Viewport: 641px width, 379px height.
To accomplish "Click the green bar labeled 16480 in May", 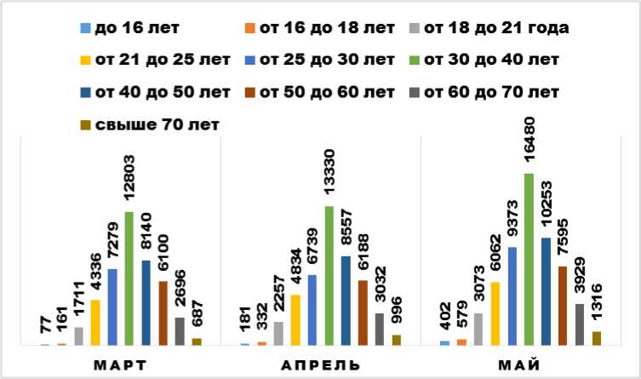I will (x=529, y=260).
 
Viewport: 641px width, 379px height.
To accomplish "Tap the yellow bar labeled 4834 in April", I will (x=295, y=320).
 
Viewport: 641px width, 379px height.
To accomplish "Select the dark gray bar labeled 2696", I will (x=180, y=331).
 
